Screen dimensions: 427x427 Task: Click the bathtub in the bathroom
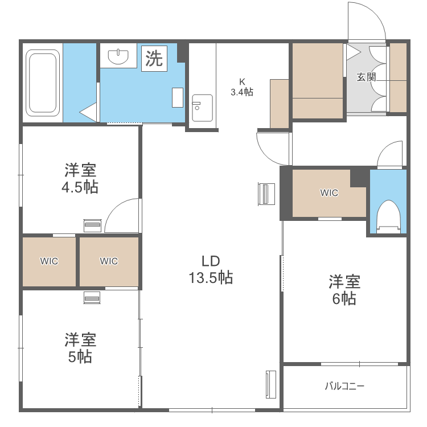(x=43, y=83)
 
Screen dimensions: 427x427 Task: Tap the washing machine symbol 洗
(x=154, y=59)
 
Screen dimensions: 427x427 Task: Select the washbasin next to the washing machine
(x=118, y=56)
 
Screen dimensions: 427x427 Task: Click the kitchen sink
(x=202, y=107)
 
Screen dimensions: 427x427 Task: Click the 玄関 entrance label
(x=366, y=77)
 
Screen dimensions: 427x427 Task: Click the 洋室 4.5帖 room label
(x=80, y=178)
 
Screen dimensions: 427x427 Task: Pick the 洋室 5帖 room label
(x=80, y=348)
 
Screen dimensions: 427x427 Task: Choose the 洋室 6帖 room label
(x=344, y=290)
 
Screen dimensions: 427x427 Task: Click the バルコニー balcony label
(x=344, y=387)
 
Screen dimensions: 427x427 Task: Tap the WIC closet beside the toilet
(x=329, y=193)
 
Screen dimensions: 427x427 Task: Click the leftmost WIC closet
(x=49, y=261)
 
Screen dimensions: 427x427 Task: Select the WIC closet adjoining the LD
(x=109, y=261)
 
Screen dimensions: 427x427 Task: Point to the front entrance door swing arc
(x=368, y=20)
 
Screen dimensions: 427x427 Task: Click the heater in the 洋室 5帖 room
(x=92, y=297)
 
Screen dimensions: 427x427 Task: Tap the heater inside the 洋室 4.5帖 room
(x=92, y=225)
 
